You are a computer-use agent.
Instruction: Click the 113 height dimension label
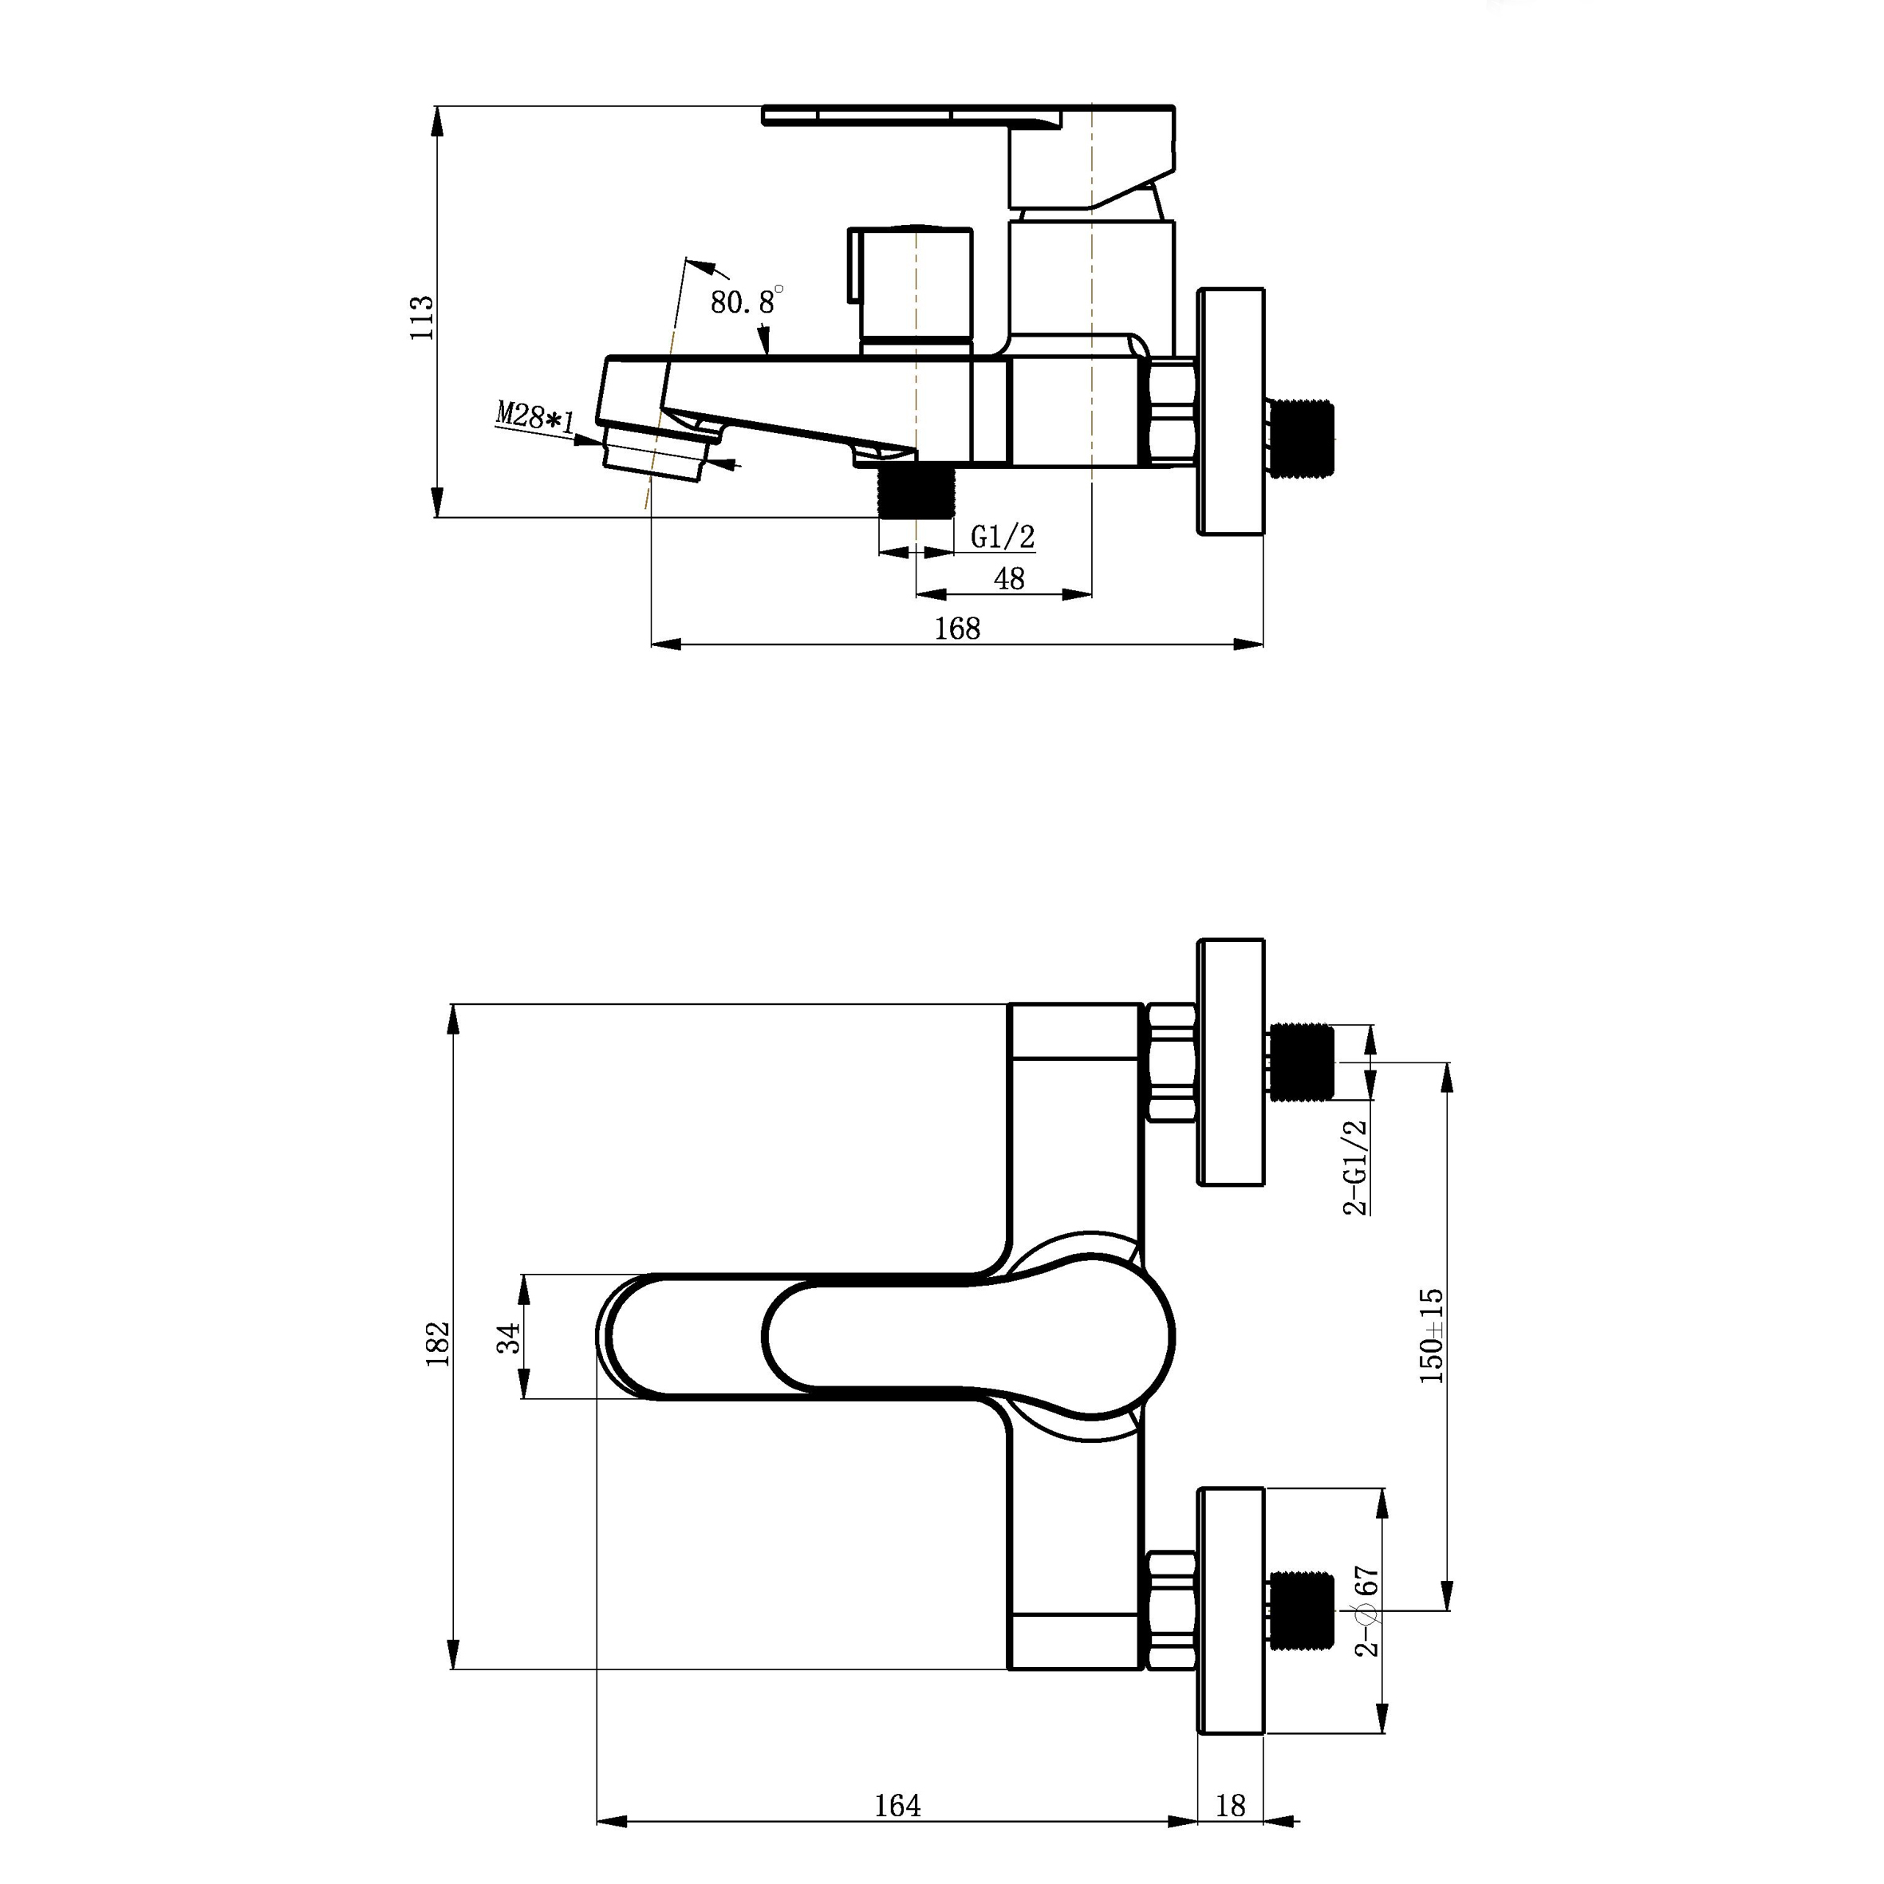421,316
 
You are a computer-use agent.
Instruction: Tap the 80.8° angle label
746,301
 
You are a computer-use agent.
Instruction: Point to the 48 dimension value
1009,579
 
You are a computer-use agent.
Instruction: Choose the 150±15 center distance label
1432,1336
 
